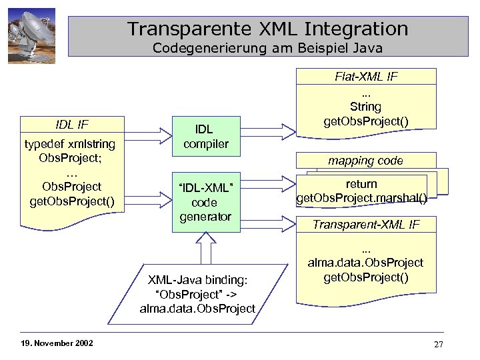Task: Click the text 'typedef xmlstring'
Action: [70, 144]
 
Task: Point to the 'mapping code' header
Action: [367, 161]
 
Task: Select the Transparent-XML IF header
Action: [367, 225]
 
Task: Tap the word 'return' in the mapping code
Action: [361, 183]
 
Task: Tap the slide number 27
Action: [438, 344]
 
